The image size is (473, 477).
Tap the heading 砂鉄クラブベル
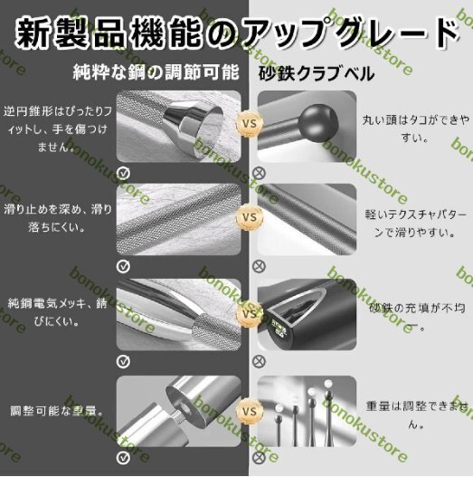coord(317,73)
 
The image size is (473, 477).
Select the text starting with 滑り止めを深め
coord(57,218)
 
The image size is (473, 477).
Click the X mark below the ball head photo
coord(260,169)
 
